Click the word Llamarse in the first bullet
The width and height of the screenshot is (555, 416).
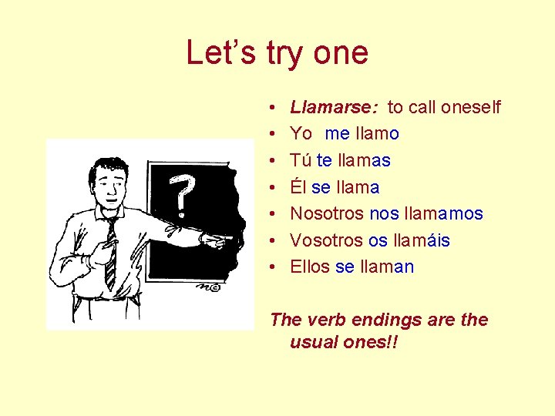323,107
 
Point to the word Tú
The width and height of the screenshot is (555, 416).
301,160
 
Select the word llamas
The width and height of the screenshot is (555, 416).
365,160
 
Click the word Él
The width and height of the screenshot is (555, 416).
298,187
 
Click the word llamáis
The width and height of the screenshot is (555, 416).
421,240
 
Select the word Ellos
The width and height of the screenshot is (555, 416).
310,267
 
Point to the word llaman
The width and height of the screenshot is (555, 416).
386,267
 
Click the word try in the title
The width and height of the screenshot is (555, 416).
286,53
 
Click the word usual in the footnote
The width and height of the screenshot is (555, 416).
315,341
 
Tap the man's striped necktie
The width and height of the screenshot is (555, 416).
113,247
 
